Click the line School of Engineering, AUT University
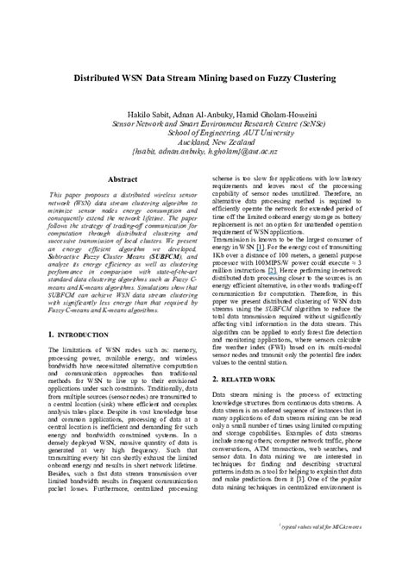point(205,134)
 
